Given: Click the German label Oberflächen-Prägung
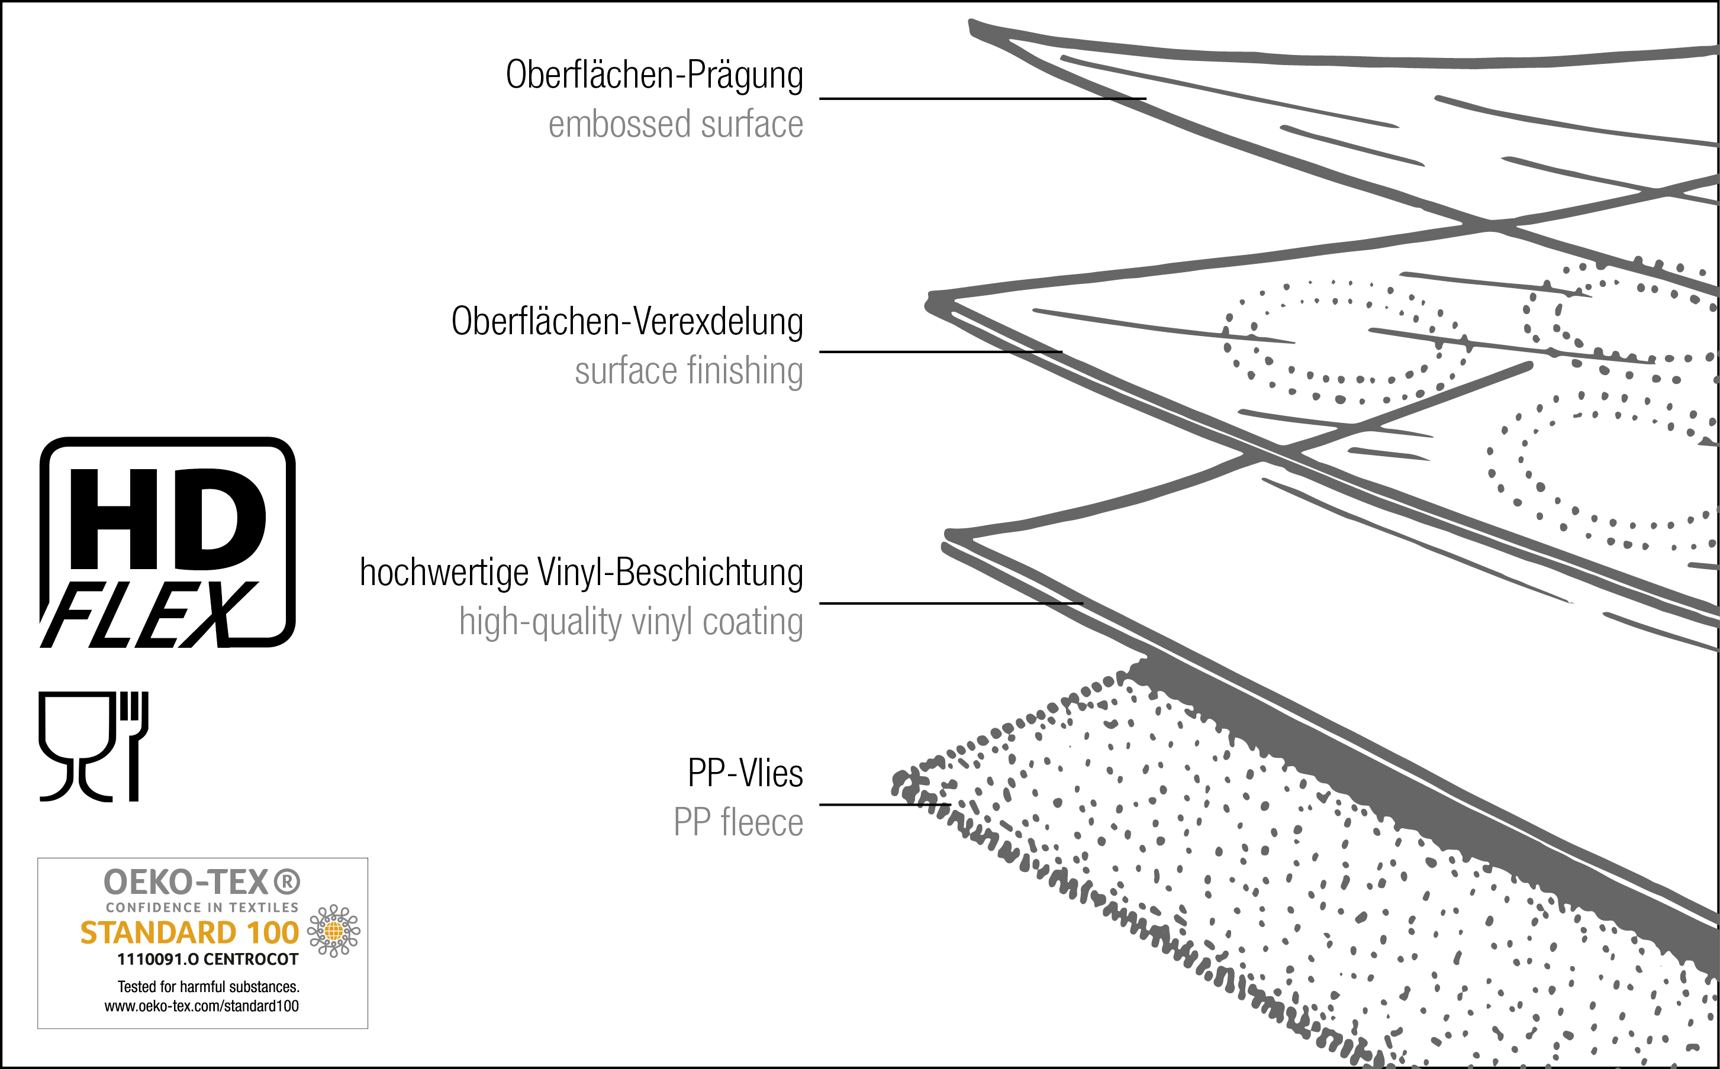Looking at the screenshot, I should tap(654, 76).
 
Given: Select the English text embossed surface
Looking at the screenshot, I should tap(675, 124).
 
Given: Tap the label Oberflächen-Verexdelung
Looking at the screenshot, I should tap(627, 322).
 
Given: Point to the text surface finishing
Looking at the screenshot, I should tap(688, 371).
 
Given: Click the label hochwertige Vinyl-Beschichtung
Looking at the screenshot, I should tap(581, 573).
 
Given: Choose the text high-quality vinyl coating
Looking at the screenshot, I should tap(630, 622).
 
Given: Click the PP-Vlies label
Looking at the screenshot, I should tap(745, 773).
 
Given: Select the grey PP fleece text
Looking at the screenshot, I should tap(737, 823).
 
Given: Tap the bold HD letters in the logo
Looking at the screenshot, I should tap(167, 519).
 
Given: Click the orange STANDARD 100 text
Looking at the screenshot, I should tap(189, 932).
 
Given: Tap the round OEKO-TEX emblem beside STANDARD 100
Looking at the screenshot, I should tap(333, 931).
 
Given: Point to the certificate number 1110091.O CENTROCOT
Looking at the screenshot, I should tap(207, 960).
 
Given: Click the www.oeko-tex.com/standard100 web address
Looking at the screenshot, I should tap(202, 1006).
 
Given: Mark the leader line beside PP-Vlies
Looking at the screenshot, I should tap(884, 805).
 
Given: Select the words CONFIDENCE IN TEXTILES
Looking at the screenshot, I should tap(202, 907).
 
